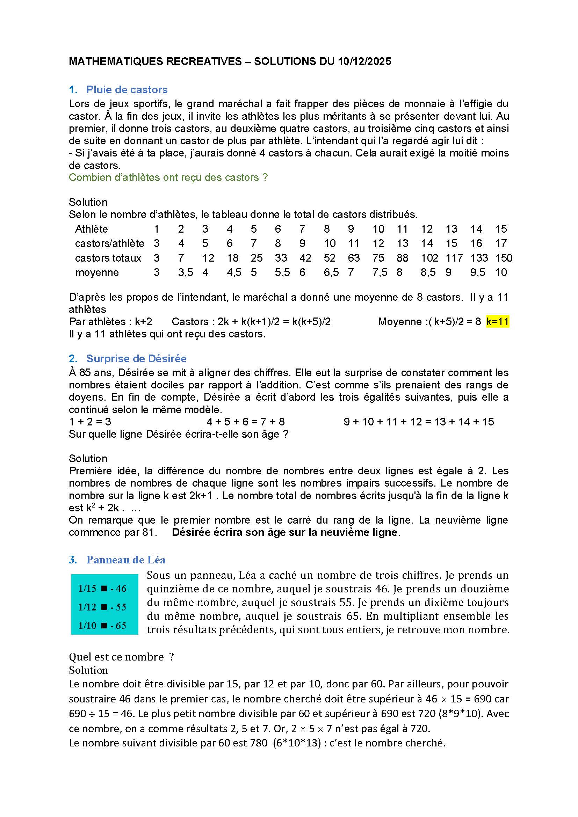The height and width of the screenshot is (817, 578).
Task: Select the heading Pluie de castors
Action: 127,90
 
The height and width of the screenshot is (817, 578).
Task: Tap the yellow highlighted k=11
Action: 497,322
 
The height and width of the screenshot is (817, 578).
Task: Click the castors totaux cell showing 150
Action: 504,258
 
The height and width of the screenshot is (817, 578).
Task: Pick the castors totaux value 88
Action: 402,258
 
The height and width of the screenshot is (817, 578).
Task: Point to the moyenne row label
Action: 97,272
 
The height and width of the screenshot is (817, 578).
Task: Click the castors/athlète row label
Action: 110,243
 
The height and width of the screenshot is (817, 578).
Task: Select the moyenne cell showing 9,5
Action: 477,272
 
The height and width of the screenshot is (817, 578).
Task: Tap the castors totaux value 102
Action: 429,258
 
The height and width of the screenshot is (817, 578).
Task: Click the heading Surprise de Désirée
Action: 136,359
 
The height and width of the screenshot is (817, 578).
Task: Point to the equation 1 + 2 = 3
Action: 90,422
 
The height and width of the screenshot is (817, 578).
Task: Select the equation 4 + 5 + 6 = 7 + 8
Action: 246,422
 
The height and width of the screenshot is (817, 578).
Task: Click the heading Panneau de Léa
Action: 126,560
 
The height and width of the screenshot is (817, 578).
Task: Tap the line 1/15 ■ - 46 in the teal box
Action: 102,589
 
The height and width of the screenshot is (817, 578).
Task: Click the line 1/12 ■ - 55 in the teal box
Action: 102,607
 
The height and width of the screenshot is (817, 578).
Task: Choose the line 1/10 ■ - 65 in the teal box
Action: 102,626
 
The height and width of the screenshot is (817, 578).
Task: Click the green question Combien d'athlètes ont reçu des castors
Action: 168,177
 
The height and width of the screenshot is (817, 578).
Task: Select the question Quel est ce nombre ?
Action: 121,657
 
